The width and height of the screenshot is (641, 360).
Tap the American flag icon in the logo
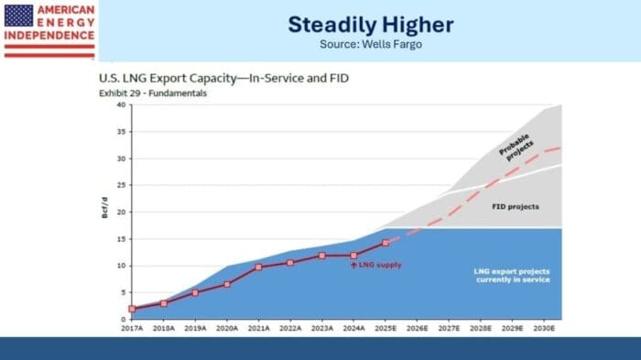coord(18,15)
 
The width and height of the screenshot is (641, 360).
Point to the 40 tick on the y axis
coord(120,104)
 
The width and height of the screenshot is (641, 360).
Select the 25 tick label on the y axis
coord(120,185)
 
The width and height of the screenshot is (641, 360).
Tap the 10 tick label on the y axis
coord(120,266)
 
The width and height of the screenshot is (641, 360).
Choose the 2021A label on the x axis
coord(258,328)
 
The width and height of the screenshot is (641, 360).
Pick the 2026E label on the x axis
coord(417,328)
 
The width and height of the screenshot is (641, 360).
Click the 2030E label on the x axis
coord(544,328)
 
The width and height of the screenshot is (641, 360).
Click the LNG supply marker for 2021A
coord(258,267)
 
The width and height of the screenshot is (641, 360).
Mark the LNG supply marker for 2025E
coord(386,243)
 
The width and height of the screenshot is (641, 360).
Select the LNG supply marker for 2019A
coord(195,293)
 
